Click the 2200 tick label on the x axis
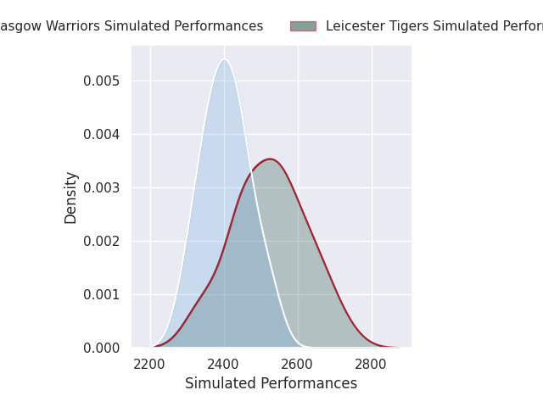point(150,364)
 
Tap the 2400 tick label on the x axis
point(224,364)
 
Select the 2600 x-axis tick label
point(298,364)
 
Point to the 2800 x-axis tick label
point(372,364)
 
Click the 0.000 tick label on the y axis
point(102,348)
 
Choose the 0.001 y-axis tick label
point(102,294)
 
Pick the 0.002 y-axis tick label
point(102,241)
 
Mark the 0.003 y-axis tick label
point(102,187)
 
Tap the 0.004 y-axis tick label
point(102,134)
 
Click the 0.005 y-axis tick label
point(102,81)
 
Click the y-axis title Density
point(71,197)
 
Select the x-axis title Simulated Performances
point(271,383)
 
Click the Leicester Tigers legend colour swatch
point(303,26)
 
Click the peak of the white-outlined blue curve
point(225,59)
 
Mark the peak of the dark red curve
point(270,159)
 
